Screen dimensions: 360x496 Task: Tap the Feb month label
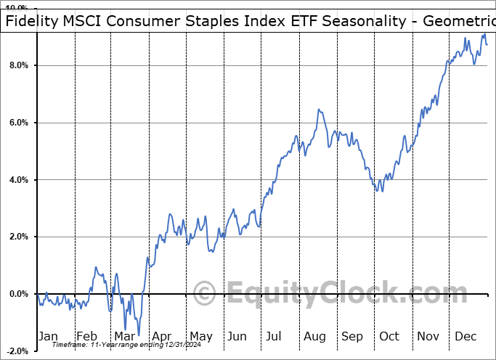tap(86, 336)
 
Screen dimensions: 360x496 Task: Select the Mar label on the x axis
tap(124, 336)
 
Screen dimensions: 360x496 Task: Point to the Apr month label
tap(162, 336)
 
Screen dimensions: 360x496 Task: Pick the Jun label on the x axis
tap(237, 336)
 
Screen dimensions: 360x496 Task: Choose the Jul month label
tap(274, 336)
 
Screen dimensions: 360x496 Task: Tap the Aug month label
tap(314, 336)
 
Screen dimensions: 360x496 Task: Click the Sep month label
tap(351, 336)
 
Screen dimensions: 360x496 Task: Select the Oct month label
tap(389, 336)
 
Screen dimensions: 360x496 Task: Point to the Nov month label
tap(428, 336)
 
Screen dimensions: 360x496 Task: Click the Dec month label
tap(465, 336)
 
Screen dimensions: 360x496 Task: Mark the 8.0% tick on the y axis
tap(17, 65)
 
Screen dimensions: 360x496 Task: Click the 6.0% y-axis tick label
tap(17, 123)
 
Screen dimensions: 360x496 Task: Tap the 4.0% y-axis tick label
tap(17, 180)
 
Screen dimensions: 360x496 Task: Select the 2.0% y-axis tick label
tap(17, 237)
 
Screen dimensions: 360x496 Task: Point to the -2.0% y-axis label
tap(16, 351)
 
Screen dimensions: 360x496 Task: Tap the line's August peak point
tap(318, 110)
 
